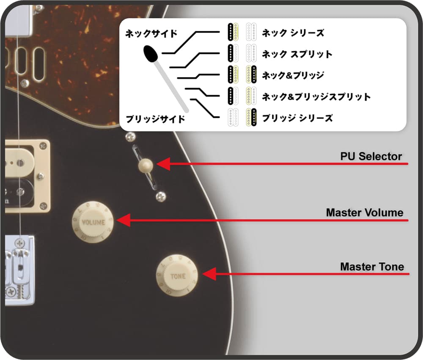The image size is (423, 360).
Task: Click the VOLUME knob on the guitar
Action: (x=93, y=222)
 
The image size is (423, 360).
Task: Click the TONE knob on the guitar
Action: (x=177, y=275)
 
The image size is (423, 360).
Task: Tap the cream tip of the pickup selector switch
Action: (x=146, y=166)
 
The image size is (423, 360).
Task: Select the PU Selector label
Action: (x=371, y=156)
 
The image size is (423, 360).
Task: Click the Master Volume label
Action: (x=365, y=213)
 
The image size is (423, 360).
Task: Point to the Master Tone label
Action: (x=372, y=267)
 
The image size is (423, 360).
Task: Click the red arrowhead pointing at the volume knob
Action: (x=123, y=220)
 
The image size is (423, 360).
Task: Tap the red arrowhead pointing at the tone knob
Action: (x=209, y=274)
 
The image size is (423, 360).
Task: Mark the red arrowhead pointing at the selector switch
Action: (x=163, y=164)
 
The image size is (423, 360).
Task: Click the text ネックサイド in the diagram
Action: (x=151, y=34)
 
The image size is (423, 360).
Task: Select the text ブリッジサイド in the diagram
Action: (x=155, y=119)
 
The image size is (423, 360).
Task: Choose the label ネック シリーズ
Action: (x=293, y=33)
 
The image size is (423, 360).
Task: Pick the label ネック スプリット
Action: (x=297, y=54)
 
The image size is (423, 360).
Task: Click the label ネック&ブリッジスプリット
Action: (x=316, y=96)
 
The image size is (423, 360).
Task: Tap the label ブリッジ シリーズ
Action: (x=297, y=118)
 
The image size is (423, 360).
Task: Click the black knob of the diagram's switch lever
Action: (x=151, y=54)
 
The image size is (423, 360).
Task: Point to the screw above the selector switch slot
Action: (x=131, y=137)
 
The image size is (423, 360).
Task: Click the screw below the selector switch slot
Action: (x=161, y=196)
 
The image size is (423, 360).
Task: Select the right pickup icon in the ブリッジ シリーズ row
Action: (x=251, y=117)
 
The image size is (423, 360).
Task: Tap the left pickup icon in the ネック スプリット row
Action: (x=233, y=53)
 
